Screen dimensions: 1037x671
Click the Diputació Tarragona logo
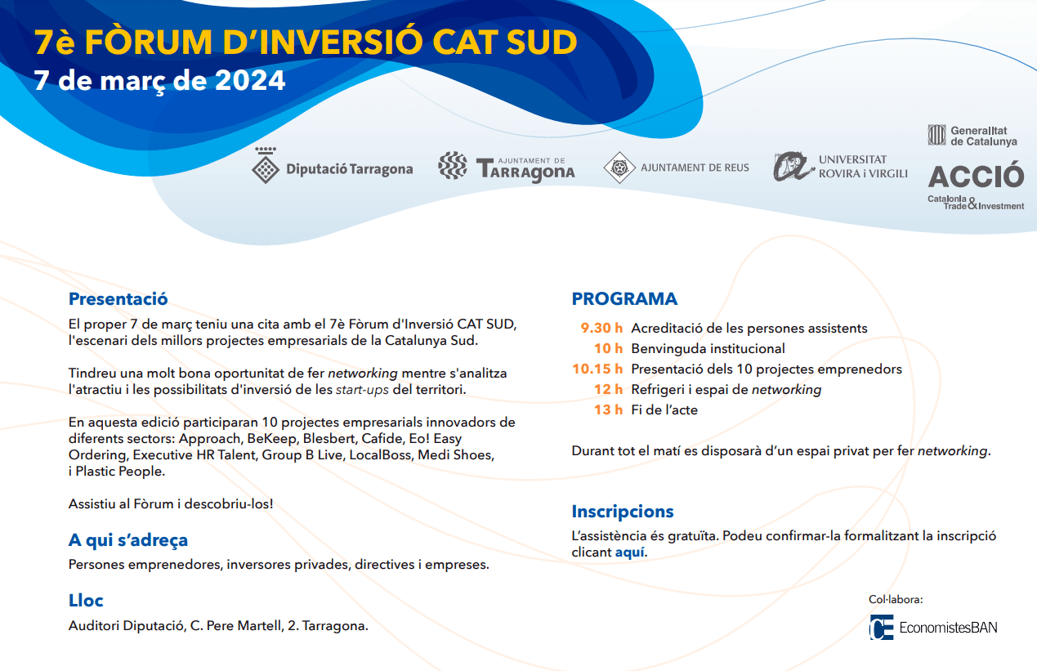pos(333,165)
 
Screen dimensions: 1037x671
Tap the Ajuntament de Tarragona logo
pos(507,167)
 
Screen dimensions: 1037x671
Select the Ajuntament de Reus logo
pos(677,168)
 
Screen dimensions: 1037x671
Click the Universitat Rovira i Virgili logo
pos(840,166)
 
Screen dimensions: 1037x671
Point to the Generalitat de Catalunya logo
pos(972,135)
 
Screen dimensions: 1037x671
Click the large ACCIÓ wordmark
pos(976,176)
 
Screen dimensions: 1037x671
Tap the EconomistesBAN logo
pos(933,628)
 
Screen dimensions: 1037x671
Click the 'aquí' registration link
pos(629,552)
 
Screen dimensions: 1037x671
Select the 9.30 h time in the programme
pos(601,328)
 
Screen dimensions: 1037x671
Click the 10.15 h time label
pos(597,369)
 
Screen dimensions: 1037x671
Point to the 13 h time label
pos(608,409)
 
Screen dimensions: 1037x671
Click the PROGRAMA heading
pos(624,298)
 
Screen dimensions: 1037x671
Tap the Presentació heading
pos(118,298)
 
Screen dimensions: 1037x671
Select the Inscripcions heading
pos(623,512)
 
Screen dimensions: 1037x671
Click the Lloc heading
pos(86,600)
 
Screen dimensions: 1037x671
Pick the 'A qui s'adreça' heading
pos(128,540)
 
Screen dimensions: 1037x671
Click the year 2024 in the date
pos(250,80)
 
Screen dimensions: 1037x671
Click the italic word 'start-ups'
pos(362,390)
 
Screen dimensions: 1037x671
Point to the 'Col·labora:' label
pos(896,599)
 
